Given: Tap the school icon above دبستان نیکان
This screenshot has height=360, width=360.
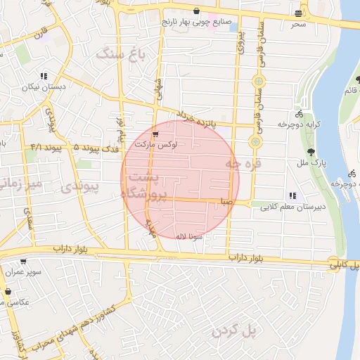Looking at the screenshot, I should click(44, 76).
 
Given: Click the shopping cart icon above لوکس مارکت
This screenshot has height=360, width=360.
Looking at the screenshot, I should click(155, 132).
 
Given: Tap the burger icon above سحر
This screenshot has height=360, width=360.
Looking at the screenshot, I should click(300, 14).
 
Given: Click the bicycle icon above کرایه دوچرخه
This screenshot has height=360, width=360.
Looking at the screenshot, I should click(299, 113).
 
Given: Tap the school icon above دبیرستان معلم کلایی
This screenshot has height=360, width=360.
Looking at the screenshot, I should click(292, 195).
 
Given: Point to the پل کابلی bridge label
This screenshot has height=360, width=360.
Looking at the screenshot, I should click(345, 264).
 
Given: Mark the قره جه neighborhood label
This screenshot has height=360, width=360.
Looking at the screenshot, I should click(243, 163).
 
